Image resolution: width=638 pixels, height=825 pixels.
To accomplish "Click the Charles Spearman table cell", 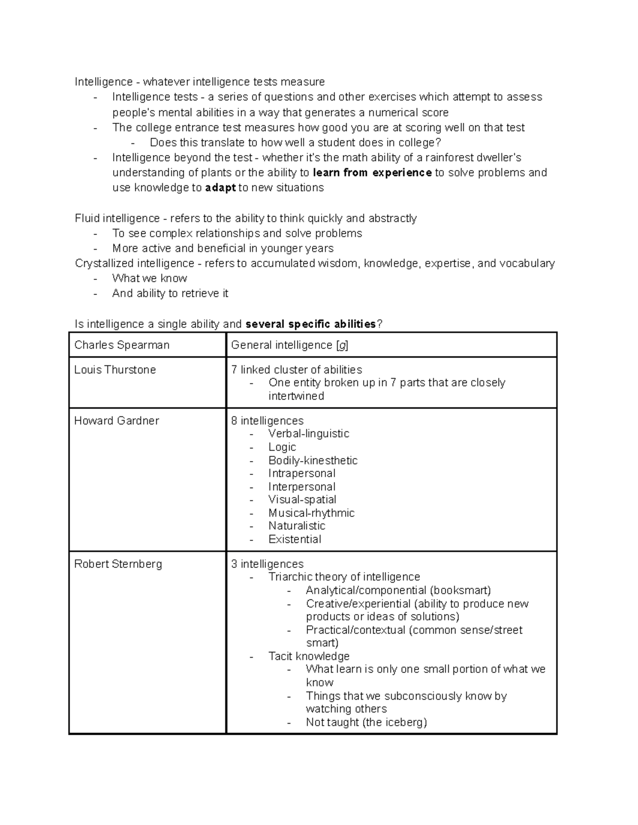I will coord(122,345).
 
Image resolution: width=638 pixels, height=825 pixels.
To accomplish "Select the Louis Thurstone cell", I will coord(115,370).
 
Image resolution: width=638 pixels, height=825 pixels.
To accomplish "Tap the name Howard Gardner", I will coord(116,421).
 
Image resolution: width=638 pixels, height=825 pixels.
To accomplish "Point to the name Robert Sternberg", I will coord(118,564).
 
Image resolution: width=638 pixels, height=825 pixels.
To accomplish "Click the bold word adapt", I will coord(220,188).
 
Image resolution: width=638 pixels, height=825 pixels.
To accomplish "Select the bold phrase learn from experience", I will coord(372,173).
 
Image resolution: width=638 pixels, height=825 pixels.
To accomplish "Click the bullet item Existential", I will coord(295,539).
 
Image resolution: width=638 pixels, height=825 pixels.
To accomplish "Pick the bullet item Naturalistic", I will coord(297,526).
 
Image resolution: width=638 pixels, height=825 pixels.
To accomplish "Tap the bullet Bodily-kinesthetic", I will coord(313,461).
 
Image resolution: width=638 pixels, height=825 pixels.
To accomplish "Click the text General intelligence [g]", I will coord(290,345).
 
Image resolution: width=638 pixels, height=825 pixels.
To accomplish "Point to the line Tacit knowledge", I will coord(308,656).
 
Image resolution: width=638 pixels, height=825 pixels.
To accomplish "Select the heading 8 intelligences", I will coord(267,421).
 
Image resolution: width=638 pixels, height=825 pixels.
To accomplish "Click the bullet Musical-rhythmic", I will coord(311,513).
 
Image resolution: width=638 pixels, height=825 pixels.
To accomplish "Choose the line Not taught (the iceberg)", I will coord(366,722).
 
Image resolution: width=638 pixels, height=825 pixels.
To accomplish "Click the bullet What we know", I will coord(149,278).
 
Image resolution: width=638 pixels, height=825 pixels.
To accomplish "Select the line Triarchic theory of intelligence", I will coord(344,577).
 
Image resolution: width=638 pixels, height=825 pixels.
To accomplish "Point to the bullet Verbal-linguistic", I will coord(308,433).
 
